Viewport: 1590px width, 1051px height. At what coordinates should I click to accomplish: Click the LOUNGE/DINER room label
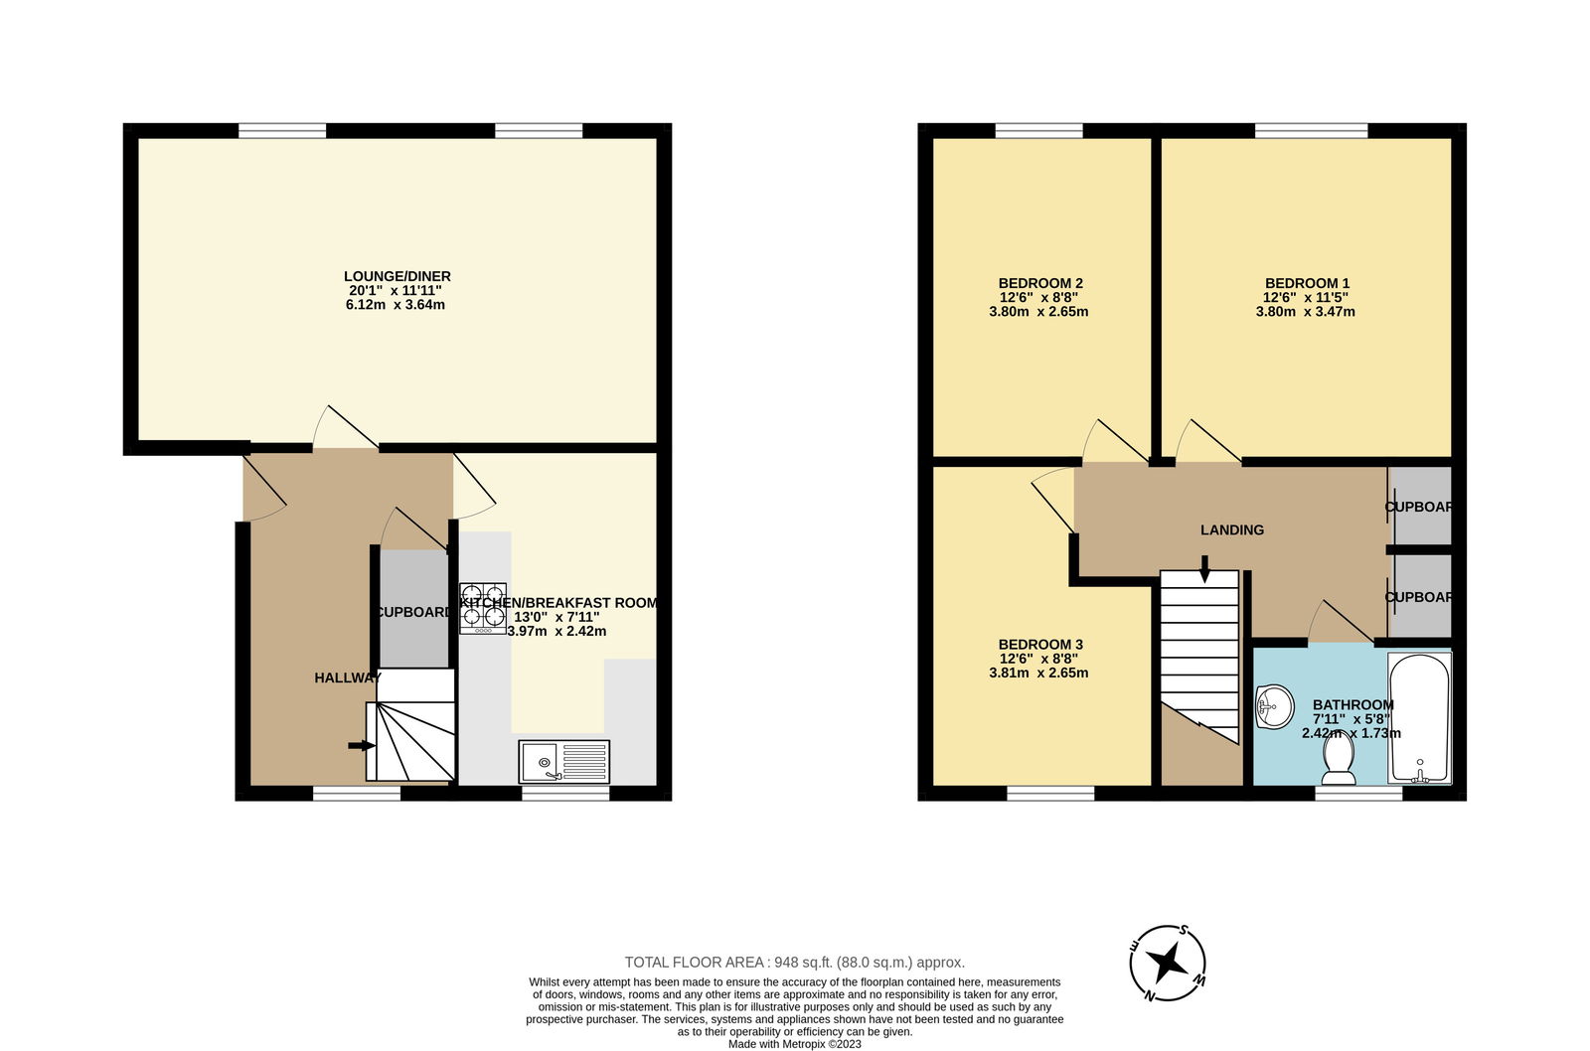coord(397,277)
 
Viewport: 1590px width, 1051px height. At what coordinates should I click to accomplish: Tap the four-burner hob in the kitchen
coord(483,608)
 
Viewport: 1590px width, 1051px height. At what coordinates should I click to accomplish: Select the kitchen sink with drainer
coord(563,762)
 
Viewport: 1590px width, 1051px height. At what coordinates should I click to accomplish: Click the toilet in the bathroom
coord(1339,759)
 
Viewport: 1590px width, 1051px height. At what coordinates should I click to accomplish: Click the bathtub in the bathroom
coord(1419,718)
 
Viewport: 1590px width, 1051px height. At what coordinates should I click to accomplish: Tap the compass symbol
coord(1168,963)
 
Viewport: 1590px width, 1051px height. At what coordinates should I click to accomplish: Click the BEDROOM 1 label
coord(1307,284)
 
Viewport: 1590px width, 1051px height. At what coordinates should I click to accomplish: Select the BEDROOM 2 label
coord(1039,284)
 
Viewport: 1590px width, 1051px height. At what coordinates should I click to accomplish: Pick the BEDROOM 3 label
coord(1039,645)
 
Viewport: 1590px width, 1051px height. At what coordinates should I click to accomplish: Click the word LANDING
coord(1232,530)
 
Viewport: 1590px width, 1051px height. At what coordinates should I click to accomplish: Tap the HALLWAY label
coord(348,678)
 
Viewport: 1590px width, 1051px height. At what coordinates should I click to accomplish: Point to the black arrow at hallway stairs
coord(362,746)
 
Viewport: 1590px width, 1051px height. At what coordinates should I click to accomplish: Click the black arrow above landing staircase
coord(1204,569)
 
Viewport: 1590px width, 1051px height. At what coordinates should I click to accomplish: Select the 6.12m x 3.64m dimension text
coord(396,305)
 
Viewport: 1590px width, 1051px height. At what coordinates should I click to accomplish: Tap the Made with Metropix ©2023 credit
coord(794,1045)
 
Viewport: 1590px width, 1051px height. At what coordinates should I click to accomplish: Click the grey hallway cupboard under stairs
coord(413,609)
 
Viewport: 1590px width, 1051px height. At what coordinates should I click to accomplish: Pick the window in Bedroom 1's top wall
coord(1311,130)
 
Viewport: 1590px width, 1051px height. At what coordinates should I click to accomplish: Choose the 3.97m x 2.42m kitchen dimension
coord(557,632)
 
